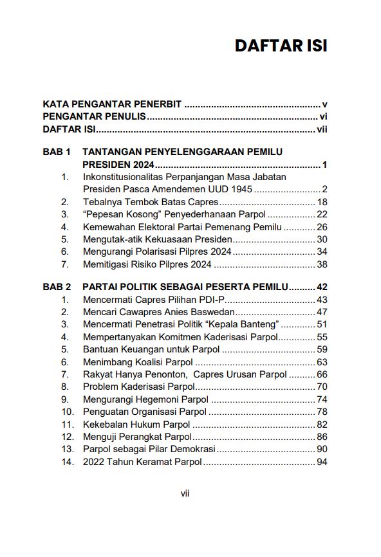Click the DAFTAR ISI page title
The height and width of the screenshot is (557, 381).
click(281, 46)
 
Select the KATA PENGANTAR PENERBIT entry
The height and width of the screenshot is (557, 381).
click(112, 104)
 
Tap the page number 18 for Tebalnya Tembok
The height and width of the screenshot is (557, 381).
click(322, 202)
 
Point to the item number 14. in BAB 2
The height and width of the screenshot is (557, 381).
click(68, 462)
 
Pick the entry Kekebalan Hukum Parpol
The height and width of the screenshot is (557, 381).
click(136, 424)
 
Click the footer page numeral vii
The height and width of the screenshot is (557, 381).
click(185, 493)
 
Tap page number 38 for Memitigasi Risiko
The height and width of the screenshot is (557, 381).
click(322, 264)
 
